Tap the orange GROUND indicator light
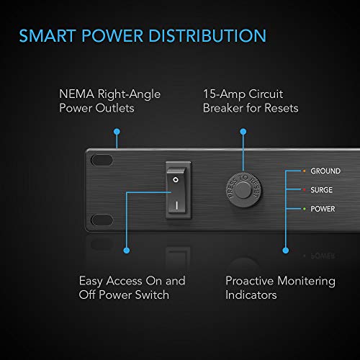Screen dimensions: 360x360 tap(305, 171)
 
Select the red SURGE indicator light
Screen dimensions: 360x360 tap(305, 190)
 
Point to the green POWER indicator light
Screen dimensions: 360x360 tap(305, 209)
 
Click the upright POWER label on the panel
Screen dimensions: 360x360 tap(324, 209)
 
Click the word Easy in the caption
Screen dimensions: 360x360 tap(94, 282)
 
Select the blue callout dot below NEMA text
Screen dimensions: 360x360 tap(114, 132)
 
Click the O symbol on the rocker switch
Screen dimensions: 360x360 tap(175, 174)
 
